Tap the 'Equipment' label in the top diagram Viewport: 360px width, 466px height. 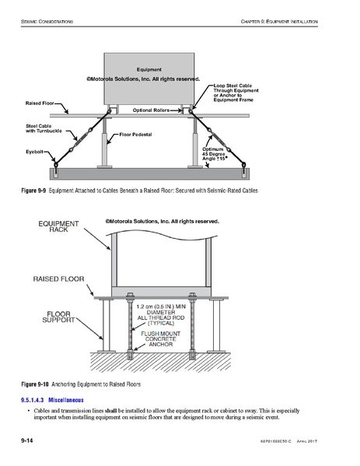pyautogui.click(x=149, y=69)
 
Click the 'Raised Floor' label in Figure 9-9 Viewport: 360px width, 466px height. pyautogui.click(x=40, y=103)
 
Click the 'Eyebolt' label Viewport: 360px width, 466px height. pyautogui.click(x=36, y=152)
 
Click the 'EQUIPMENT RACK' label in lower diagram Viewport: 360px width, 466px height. pyautogui.click(x=59, y=226)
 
